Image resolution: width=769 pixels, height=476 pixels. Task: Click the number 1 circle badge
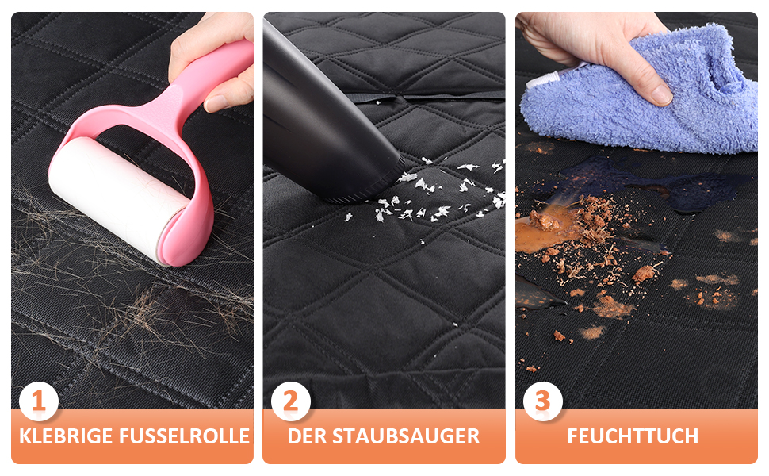39,401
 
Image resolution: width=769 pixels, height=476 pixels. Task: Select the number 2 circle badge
291,401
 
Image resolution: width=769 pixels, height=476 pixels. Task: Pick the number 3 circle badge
542,401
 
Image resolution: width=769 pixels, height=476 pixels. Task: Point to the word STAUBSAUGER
406,436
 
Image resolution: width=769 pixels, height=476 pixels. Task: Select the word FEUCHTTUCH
633,436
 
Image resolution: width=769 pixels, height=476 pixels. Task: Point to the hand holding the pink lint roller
212,59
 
